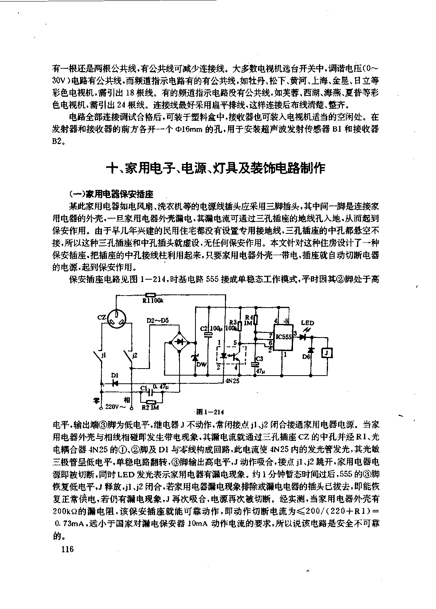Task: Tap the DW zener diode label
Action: coord(201,364)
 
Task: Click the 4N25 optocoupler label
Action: coord(232,381)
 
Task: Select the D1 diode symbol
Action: coord(115,383)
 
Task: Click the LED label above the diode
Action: coord(308,323)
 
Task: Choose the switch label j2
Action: coord(134,355)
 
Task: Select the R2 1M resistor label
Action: coord(150,408)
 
